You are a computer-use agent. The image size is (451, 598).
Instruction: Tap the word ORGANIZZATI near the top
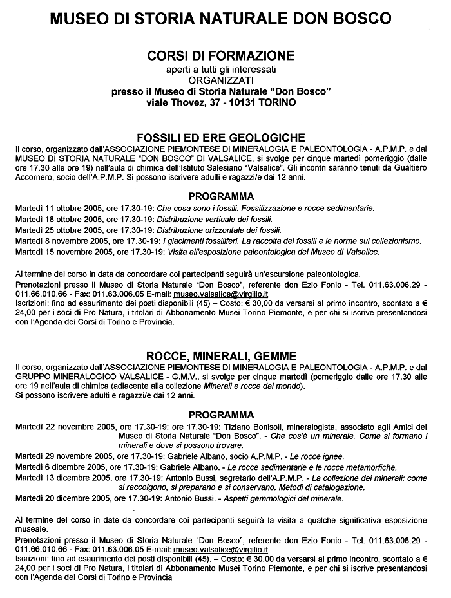click(221, 80)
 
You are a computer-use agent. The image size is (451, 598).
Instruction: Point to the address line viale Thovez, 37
click(221, 103)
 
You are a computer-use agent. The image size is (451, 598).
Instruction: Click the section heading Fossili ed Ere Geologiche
click(221, 137)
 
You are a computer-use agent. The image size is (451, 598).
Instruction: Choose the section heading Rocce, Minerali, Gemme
click(221, 355)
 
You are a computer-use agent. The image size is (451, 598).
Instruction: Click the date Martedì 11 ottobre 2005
click(57, 209)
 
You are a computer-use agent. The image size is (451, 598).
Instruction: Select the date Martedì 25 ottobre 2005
click(57, 230)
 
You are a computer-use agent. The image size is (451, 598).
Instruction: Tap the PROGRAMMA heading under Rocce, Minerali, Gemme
click(221, 415)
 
